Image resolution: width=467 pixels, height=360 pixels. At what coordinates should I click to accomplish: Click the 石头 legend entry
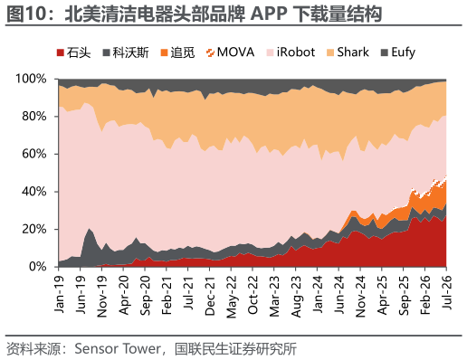coord(73,52)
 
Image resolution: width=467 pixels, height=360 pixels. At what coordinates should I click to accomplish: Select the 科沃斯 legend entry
coord(126,52)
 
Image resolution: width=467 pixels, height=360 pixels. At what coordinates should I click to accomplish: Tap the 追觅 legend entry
coord(177,52)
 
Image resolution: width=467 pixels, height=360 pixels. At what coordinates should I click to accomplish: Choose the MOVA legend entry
coord(230,52)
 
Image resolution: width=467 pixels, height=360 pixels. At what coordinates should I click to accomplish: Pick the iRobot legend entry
coord(291,52)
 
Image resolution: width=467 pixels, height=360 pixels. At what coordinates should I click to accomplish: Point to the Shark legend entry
coord(348,52)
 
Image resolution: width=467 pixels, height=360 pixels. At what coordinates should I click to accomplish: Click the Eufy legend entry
coord(398,52)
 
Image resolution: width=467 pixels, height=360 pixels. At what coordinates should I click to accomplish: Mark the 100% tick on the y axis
coord(31,79)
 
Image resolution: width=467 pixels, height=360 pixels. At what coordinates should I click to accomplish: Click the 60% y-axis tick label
coord(34,154)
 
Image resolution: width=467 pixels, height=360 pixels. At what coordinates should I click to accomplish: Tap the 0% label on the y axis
coord(38,267)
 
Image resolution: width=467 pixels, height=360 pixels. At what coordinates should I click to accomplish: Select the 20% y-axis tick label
coord(34,229)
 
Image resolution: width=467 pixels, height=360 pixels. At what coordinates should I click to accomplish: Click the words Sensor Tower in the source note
coord(118,349)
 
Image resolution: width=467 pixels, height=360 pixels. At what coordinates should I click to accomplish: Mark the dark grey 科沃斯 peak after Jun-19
coord(89,229)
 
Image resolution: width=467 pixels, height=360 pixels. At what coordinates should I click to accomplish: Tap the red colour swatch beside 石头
coord(61,52)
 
